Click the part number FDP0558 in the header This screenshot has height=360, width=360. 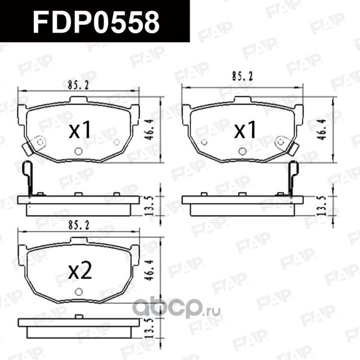click(96, 22)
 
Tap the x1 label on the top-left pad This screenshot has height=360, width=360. click(80, 130)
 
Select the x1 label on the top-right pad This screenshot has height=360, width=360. click(245, 130)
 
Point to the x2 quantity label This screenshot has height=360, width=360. click(79, 272)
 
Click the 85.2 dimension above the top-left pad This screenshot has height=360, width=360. click(79, 86)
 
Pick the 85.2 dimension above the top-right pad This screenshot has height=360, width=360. click(244, 75)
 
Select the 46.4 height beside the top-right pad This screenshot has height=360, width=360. click(322, 130)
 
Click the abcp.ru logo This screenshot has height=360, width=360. click(175, 309)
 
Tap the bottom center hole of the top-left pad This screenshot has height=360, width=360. click(78, 151)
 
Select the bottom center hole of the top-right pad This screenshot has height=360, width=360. click(242, 151)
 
